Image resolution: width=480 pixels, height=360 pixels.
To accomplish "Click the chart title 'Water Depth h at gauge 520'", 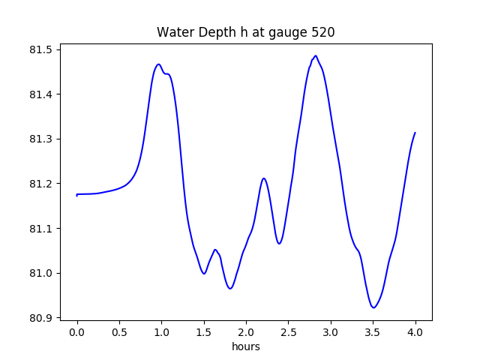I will (245, 32).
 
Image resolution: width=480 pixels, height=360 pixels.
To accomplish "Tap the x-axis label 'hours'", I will (246, 347).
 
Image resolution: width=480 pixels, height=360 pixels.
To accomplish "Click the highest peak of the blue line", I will (316, 56).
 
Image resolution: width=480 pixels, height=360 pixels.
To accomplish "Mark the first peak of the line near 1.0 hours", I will (158, 64).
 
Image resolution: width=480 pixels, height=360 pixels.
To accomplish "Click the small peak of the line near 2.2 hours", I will (263, 178).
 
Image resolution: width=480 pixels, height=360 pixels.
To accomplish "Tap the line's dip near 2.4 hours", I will (279, 243).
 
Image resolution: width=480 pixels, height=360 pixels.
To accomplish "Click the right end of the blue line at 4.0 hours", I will (415, 133).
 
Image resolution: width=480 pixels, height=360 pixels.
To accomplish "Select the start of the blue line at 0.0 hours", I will (77, 194).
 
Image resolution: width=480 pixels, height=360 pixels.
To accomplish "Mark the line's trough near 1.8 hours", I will (230, 288).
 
